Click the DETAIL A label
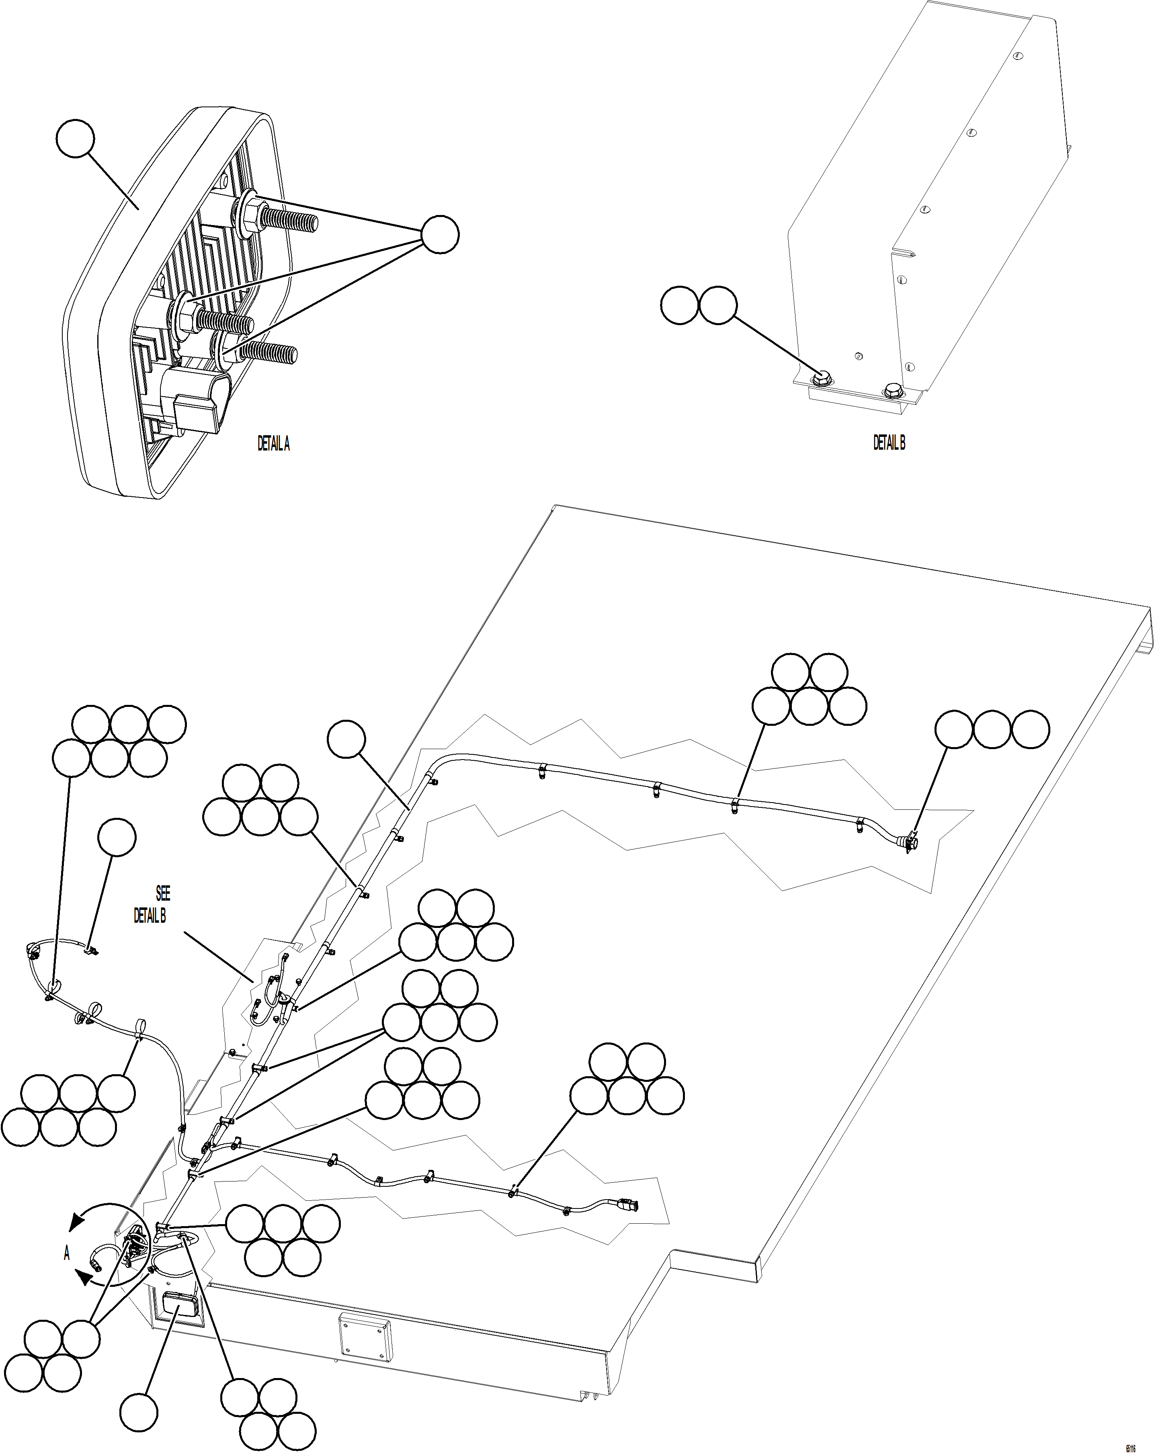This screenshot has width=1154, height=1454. point(273,444)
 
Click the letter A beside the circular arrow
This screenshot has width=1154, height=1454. point(67,1253)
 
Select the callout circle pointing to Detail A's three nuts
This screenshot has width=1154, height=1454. point(440,235)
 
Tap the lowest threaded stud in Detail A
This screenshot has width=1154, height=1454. point(269,351)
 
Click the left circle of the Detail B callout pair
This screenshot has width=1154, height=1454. point(679,305)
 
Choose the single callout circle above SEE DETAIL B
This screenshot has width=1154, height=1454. point(117,838)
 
